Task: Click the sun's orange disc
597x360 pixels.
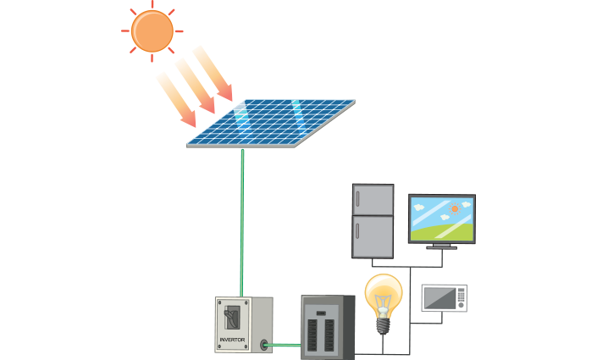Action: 152,30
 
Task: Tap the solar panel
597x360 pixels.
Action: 271,122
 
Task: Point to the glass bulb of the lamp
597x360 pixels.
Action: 383,293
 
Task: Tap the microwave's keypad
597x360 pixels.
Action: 461,297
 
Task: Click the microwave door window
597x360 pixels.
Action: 439,298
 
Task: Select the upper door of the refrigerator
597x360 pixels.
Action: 373,200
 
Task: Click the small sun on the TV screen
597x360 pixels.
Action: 455,208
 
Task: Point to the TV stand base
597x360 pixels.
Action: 442,246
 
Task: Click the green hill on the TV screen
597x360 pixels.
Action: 440,229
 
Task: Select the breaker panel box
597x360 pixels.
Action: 328,327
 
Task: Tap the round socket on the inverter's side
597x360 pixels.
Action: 265,345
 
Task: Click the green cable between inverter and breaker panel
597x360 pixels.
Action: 285,345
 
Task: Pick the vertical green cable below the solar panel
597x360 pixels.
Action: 242,220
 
